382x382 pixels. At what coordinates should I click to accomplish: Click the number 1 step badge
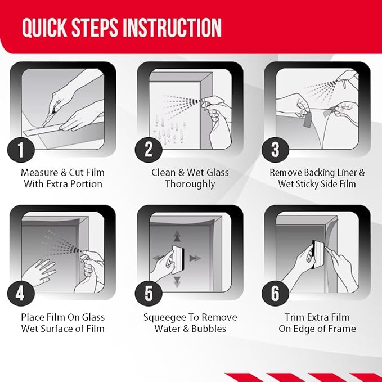[21, 149]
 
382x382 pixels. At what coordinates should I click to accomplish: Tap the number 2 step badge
[149, 149]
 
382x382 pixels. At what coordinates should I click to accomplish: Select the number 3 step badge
[275, 149]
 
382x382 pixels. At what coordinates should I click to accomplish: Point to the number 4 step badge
[21, 293]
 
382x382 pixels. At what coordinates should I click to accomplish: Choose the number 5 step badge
[149, 293]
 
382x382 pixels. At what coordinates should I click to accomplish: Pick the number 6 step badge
[275, 293]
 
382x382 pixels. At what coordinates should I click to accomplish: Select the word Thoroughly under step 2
[190, 184]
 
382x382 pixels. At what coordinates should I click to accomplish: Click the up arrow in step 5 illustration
[177, 236]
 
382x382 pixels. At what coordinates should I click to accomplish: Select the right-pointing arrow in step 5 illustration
[195, 258]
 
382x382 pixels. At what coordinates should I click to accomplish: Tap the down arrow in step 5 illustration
[177, 282]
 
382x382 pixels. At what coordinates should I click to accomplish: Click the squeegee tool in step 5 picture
[178, 257]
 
